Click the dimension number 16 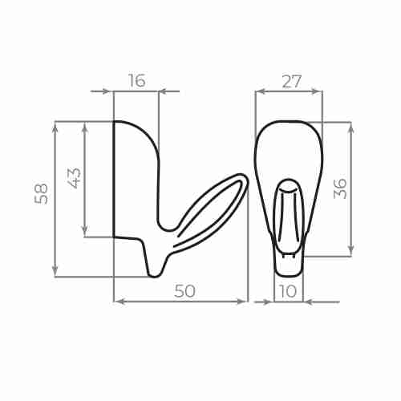[136, 80]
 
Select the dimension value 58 [42, 193]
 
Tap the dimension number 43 [75, 177]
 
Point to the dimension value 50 [184, 291]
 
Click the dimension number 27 [291, 81]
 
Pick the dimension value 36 [341, 188]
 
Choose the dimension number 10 [288, 290]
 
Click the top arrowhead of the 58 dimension [55, 126]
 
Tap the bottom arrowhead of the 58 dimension [55, 272]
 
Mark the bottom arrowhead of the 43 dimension [85, 233]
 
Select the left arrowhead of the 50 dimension [119, 302]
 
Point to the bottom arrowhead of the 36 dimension [350, 252]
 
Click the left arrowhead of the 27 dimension [260, 91]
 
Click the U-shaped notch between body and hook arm [168, 227]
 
